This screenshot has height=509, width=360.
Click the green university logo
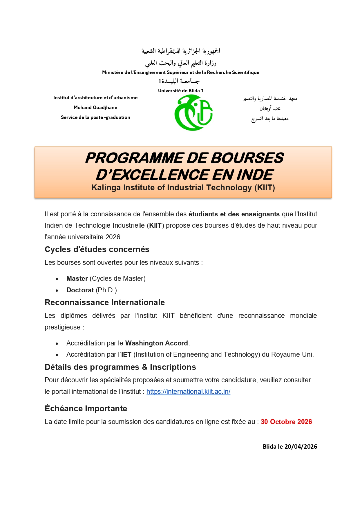[x=193, y=113]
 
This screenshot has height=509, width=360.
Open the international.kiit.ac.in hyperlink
[x=188, y=392]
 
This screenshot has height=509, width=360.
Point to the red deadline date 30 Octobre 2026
[x=286, y=422]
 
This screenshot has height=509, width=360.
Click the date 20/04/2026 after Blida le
[x=301, y=447]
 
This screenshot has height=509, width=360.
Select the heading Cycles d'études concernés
[x=97, y=249]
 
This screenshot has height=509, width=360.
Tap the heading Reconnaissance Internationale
[x=105, y=302]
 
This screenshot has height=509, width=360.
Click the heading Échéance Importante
[x=86, y=409]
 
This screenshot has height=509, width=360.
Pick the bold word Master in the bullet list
[x=77, y=278]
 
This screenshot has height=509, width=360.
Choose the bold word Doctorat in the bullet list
[x=80, y=290]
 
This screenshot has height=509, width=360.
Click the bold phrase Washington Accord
[x=157, y=343]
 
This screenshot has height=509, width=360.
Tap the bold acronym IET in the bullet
[x=126, y=354]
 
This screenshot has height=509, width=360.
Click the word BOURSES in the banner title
[x=247, y=158]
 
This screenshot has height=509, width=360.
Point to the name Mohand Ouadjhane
[x=95, y=108]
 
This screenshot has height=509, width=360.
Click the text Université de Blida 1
[x=181, y=90]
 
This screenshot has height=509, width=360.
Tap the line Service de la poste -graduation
[x=95, y=117]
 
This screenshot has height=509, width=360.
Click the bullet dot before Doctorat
[x=57, y=290]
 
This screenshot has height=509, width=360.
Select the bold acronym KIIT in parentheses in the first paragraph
[x=155, y=225]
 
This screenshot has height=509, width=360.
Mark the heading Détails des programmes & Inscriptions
[x=120, y=367]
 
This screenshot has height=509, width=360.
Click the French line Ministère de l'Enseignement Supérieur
[x=180, y=73]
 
